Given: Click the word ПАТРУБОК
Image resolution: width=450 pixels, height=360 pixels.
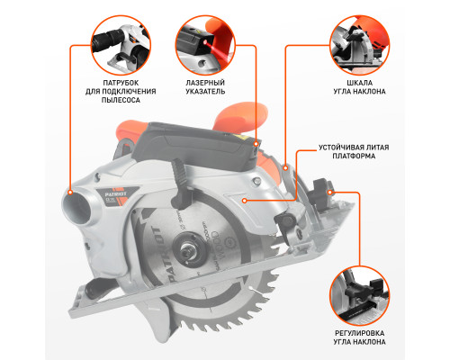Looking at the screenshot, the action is pos(121,83).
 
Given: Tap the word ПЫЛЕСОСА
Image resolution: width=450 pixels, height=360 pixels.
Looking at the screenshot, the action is pos(121,100).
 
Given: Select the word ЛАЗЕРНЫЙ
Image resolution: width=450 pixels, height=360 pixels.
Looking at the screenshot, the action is pos(205,83).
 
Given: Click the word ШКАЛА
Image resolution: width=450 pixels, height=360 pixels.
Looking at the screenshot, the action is pos(359,83).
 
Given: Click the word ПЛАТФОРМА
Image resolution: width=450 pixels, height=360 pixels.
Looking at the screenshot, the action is pos(354,157).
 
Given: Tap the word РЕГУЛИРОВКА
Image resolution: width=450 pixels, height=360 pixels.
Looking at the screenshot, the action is pos(359,333).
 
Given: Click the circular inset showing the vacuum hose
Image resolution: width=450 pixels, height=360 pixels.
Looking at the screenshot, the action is pos(121,45).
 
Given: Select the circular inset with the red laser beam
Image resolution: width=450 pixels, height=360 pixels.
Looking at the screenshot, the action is pos(205,45).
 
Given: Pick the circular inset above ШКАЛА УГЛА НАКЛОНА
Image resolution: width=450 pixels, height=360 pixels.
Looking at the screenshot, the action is pos(359,45).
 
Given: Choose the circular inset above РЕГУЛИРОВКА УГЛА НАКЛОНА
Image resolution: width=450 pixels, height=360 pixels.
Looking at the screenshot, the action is pos(359,296).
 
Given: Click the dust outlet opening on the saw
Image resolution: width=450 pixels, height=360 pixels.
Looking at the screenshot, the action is pos(77,207).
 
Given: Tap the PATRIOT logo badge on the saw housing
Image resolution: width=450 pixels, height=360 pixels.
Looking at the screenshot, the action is pos(118,195).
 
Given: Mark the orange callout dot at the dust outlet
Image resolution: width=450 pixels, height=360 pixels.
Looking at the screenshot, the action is pos(70,193).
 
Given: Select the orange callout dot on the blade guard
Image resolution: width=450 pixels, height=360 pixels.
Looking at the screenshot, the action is pos(245,201).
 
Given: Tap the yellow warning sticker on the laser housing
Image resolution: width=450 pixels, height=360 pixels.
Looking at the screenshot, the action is pos(243,138).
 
